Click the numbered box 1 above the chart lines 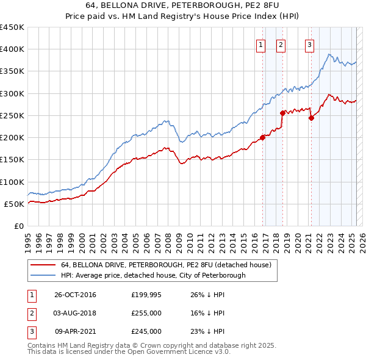260,45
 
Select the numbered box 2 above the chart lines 280,45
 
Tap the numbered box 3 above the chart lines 309,45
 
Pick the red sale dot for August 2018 282,113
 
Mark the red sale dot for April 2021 311,118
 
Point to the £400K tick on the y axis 12,49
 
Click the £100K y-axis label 12,182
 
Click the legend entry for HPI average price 153,275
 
